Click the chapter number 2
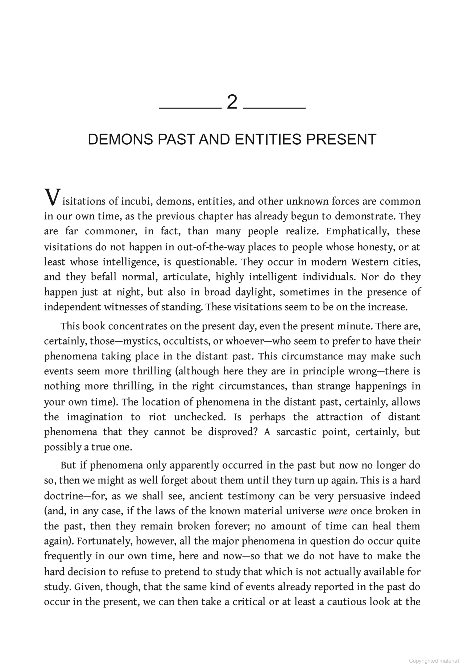tap(232, 103)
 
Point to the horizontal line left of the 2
tap(190, 108)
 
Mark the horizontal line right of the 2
tap(274, 108)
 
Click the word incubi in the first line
tap(136, 201)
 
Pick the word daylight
tap(254, 292)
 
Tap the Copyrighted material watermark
tap(434, 661)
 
